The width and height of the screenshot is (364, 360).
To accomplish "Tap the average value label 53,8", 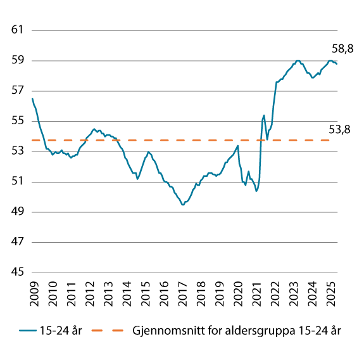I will tap(339, 130).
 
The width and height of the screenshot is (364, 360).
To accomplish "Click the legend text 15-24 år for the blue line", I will tap(61, 330).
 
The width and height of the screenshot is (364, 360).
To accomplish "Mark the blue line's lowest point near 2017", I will tap(183, 204).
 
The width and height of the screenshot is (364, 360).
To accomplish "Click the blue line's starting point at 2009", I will tap(32, 98).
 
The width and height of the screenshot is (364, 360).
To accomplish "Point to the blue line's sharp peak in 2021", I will tap(263, 115).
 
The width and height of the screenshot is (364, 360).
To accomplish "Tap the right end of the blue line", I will tap(337, 63).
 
